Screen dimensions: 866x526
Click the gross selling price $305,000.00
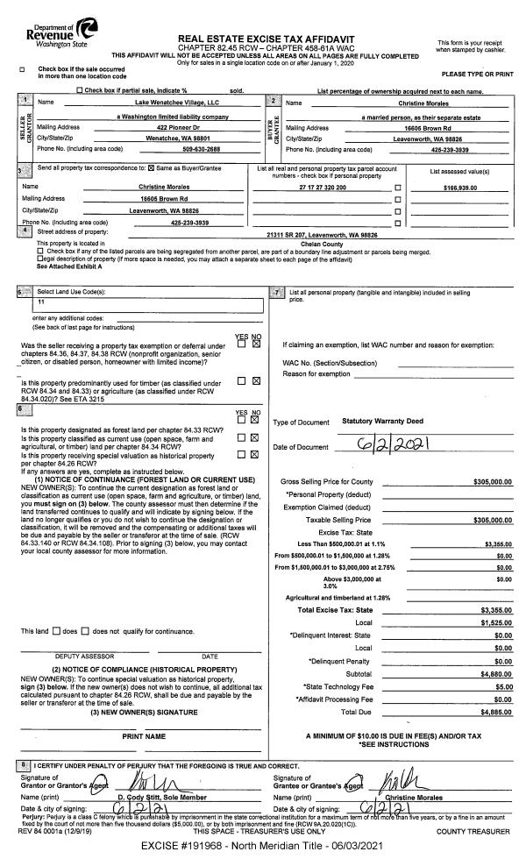pyautogui.click(x=492, y=482)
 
